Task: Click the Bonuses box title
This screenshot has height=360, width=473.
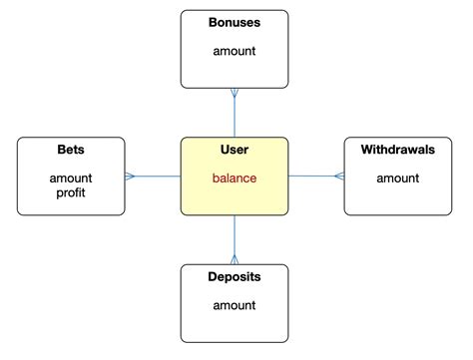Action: [234, 22]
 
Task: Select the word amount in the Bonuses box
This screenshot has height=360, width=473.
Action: [234, 49]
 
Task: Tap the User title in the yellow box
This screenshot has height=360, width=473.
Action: [234, 151]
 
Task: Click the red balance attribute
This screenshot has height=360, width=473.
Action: [234, 179]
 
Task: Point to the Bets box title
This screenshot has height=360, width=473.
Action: [71, 151]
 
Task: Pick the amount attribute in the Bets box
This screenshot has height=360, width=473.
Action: [71, 179]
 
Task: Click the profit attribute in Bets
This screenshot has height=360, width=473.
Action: [71, 192]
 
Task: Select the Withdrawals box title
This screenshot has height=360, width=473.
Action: [397, 151]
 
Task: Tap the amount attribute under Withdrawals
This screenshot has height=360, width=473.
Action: [397, 179]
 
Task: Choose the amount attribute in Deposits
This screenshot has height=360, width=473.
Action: [234, 305]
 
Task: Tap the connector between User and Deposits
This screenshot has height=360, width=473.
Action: [235, 239]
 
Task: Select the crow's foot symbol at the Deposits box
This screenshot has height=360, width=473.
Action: [235, 259]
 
